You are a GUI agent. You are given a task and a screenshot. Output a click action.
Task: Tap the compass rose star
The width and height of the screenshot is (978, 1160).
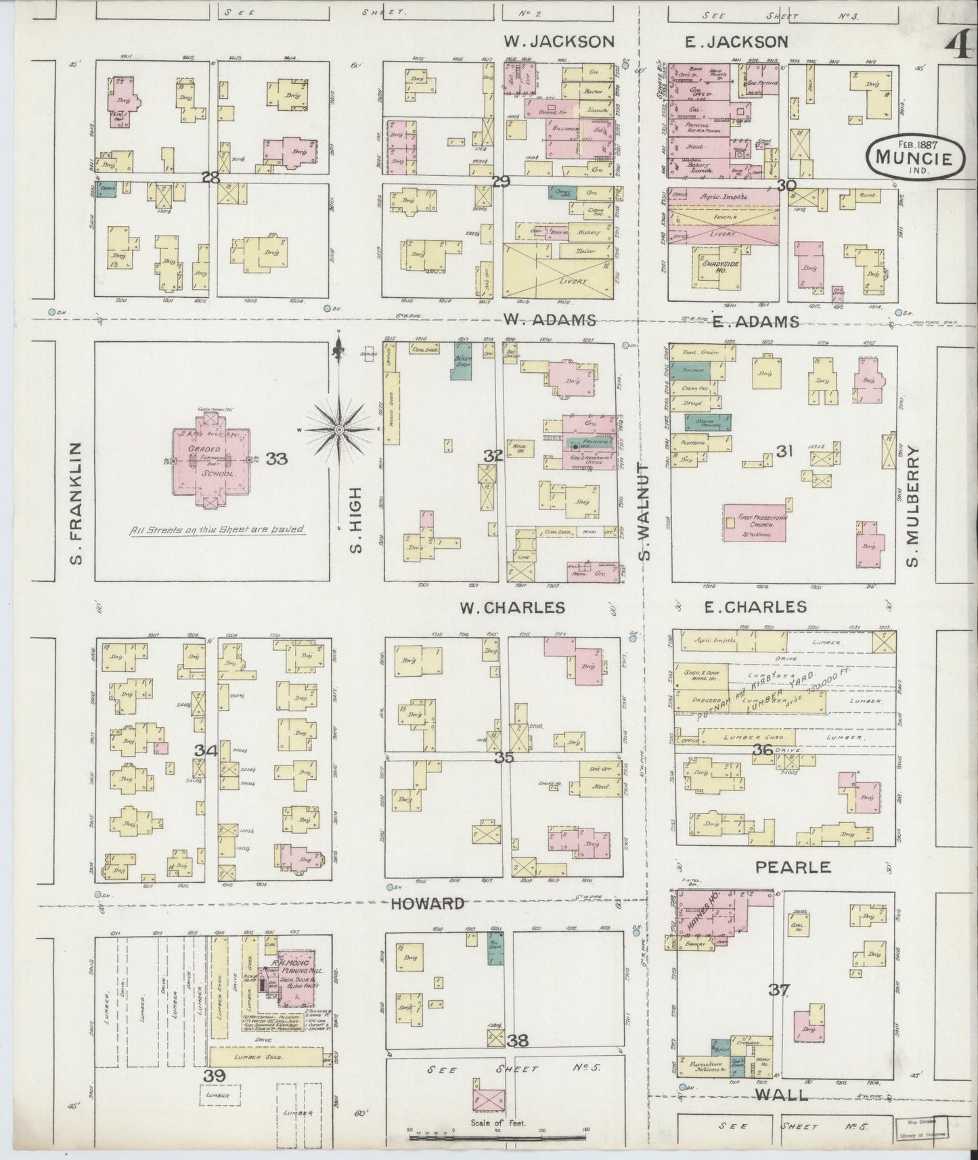tap(339, 429)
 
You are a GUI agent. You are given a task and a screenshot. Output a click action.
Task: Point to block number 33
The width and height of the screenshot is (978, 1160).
tap(276, 459)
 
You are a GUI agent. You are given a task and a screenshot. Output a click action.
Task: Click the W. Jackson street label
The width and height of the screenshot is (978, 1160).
tap(559, 42)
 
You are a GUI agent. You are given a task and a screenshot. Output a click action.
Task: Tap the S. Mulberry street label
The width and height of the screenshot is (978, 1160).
tap(913, 506)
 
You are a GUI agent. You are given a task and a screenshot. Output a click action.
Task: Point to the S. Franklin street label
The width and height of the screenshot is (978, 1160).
tap(75, 503)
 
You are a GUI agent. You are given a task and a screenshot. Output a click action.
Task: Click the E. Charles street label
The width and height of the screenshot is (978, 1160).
tap(755, 606)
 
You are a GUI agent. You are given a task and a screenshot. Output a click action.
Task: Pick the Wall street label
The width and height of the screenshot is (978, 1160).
tap(783, 1094)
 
